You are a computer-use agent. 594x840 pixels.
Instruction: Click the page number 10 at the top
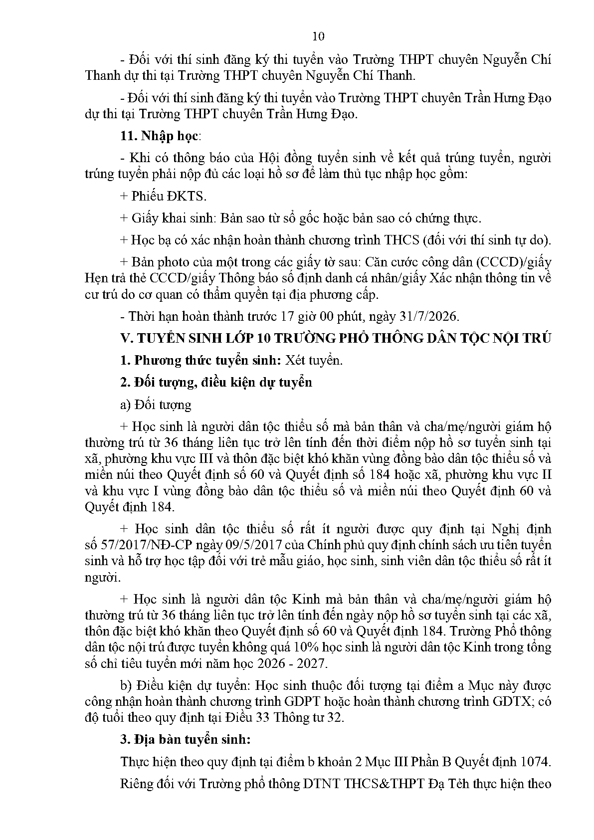(x=318, y=36)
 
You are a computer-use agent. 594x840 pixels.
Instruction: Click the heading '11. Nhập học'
(x=159, y=136)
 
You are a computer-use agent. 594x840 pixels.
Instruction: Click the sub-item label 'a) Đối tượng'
(x=156, y=404)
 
